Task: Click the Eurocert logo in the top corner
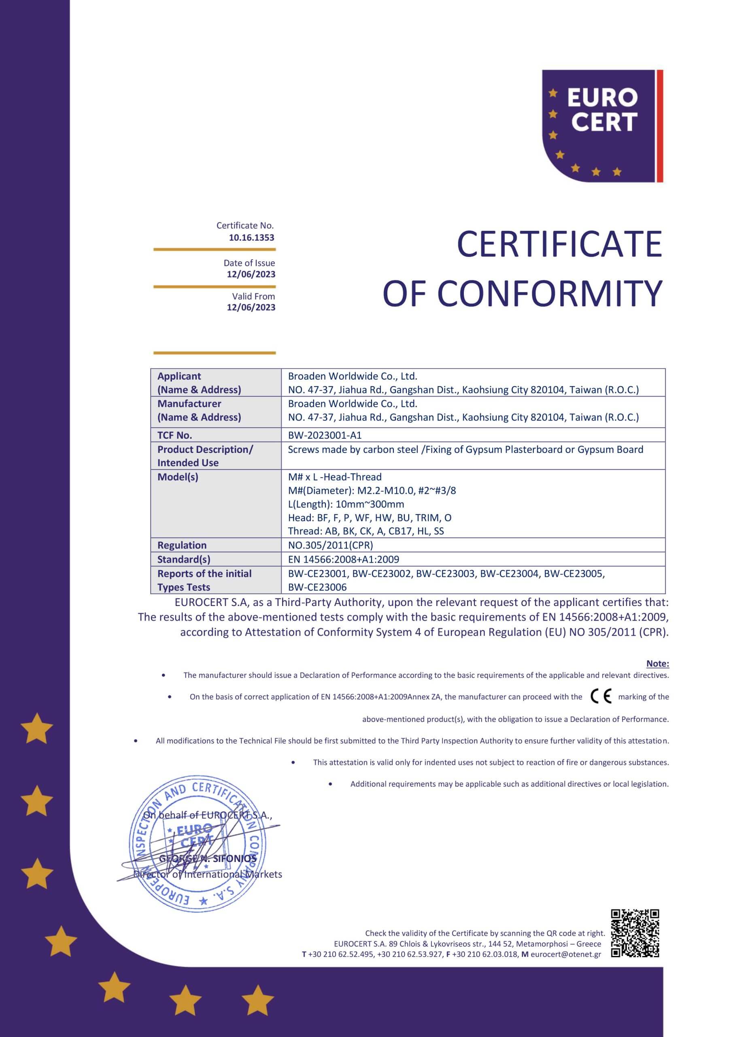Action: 602,126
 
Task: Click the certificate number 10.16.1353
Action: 251,237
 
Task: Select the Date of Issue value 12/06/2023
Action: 251,274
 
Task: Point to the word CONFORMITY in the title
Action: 550,294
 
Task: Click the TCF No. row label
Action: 175,435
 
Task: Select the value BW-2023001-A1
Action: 325,435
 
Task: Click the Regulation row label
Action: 182,545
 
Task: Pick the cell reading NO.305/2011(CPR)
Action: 331,545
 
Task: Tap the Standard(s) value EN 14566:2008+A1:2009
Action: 344,559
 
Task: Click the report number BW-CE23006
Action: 317,587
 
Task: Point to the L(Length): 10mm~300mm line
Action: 346,504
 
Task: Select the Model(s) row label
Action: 178,477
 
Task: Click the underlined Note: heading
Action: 658,664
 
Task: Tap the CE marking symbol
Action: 601,697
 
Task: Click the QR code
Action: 635,932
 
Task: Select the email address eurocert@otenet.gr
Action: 566,954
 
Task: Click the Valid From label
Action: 253,296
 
